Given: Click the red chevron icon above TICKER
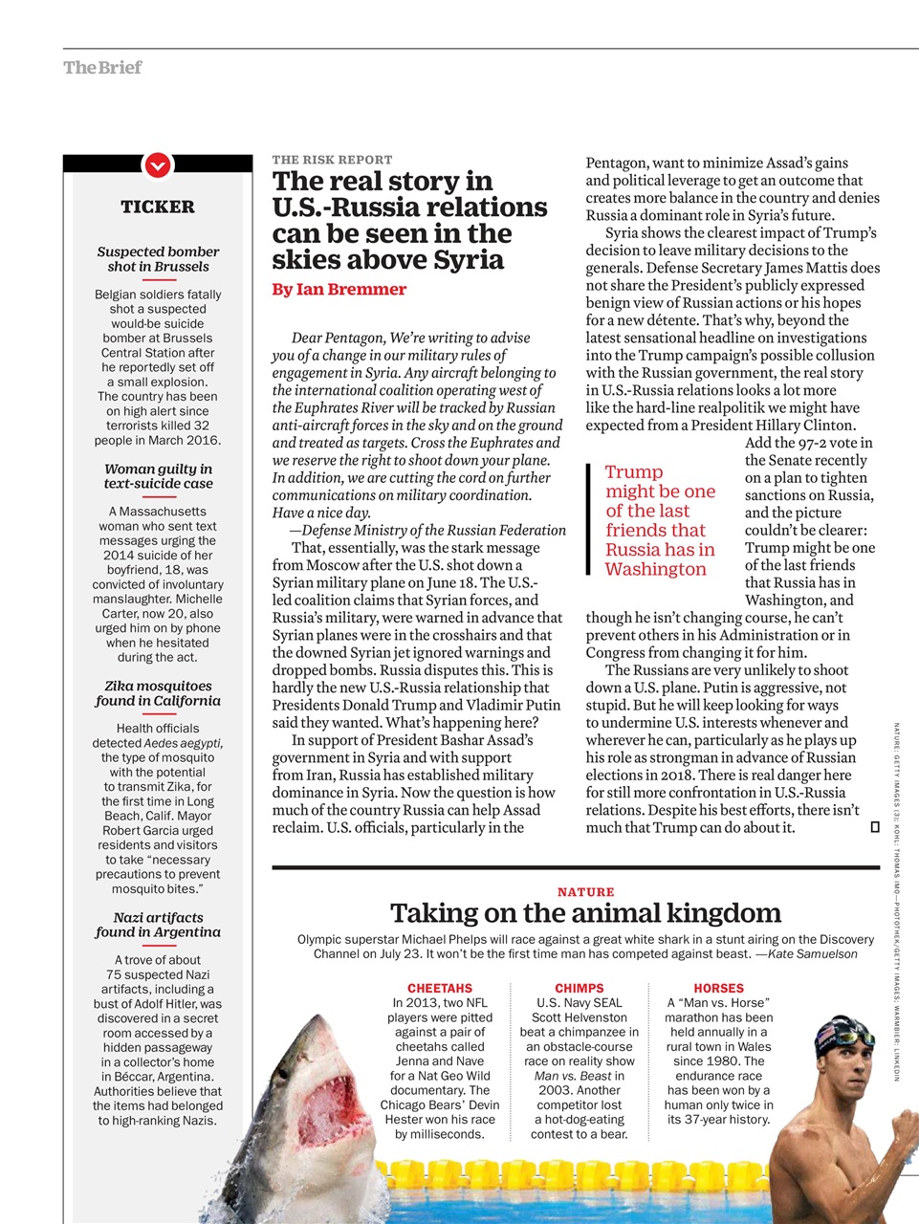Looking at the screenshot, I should click(158, 165).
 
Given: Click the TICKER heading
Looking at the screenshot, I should click(158, 207).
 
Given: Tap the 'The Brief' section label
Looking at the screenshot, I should click(102, 67).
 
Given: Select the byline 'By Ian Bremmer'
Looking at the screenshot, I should click(339, 289).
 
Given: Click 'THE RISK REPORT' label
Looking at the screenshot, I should click(332, 160).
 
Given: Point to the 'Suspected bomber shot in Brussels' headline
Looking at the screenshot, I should click(158, 259).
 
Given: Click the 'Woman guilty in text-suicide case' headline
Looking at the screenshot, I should click(158, 476).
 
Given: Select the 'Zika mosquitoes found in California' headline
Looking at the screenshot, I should click(158, 693).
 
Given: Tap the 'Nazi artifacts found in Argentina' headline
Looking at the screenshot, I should click(158, 925).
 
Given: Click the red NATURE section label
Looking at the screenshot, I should click(585, 891).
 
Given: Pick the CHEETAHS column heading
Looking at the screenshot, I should click(440, 988).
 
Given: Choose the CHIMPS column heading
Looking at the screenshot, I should click(580, 988).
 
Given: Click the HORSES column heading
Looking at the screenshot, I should click(718, 988).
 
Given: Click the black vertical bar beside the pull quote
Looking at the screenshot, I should click(589, 519).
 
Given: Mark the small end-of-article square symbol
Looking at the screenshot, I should click(874, 827).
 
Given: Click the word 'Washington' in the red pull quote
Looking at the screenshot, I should click(655, 569).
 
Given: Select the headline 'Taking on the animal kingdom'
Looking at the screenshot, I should click(585, 912).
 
